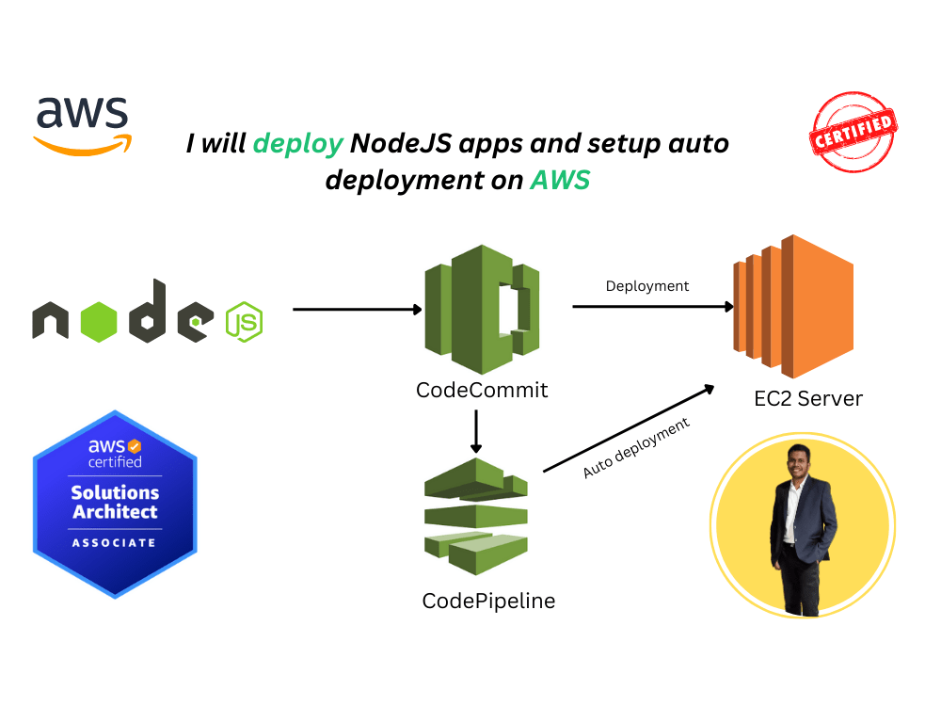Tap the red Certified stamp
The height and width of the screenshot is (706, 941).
click(x=853, y=132)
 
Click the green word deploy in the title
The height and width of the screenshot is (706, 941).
click(x=298, y=144)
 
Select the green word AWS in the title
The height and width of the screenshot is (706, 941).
click(x=560, y=179)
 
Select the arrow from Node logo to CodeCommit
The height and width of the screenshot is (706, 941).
click(x=358, y=309)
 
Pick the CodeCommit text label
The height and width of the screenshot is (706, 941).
click(x=482, y=390)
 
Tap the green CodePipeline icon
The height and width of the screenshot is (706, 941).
click(x=475, y=515)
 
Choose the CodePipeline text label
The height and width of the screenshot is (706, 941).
click(x=488, y=601)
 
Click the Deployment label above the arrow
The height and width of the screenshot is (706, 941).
click(x=647, y=285)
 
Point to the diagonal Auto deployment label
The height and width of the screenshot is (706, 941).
click(x=636, y=448)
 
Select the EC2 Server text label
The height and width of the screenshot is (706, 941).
click(x=807, y=398)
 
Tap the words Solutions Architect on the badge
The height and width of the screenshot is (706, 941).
click(x=116, y=503)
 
